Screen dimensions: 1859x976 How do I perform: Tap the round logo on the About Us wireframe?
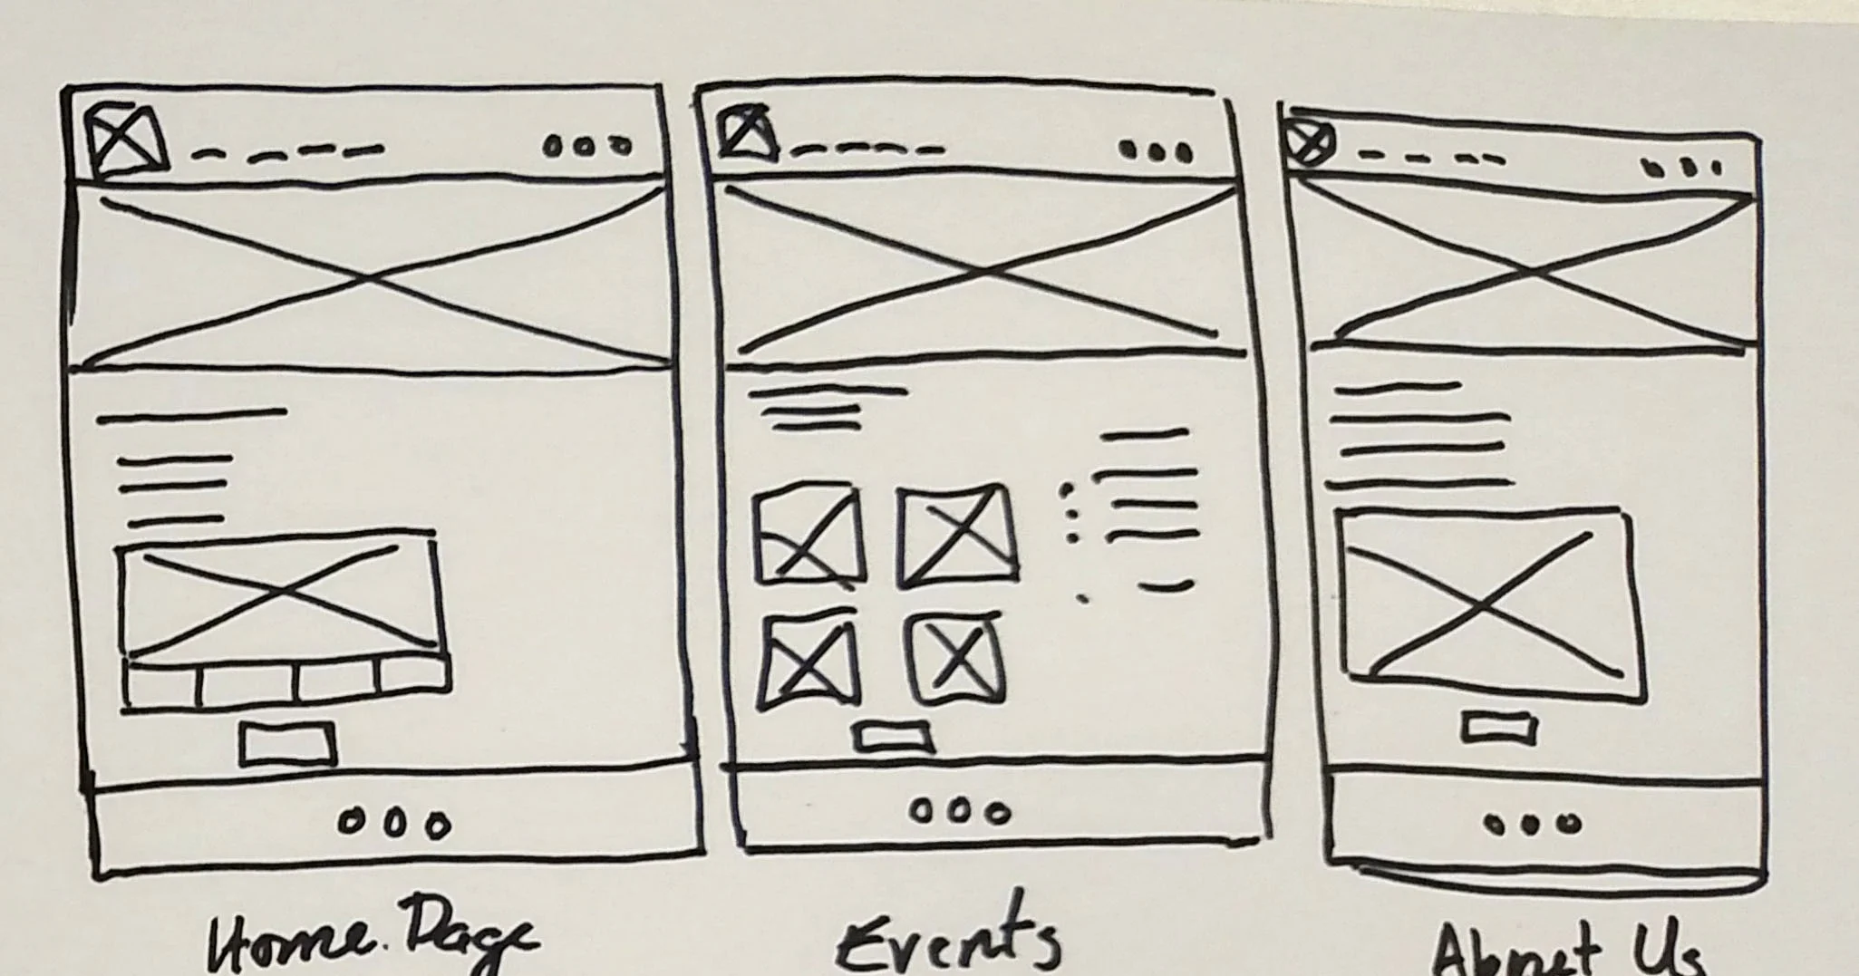click(x=1309, y=143)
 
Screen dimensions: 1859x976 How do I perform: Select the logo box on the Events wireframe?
click(x=747, y=132)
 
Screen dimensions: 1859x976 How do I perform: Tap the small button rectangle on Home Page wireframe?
click(x=287, y=744)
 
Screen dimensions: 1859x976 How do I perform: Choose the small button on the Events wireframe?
click(x=894, y=737)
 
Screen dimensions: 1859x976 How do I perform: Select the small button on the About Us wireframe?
click(x=1499, y=727)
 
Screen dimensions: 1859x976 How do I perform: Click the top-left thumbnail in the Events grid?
click(x=808, y=536)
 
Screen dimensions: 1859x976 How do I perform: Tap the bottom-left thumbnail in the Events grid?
click(x=808, y=661)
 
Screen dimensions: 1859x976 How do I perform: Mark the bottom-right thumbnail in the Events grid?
click(x=957, y=658)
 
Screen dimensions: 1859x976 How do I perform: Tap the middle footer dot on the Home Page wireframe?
click(x=393, y=823)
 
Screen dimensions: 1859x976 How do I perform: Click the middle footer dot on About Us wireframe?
click(x=1530, y=824)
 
